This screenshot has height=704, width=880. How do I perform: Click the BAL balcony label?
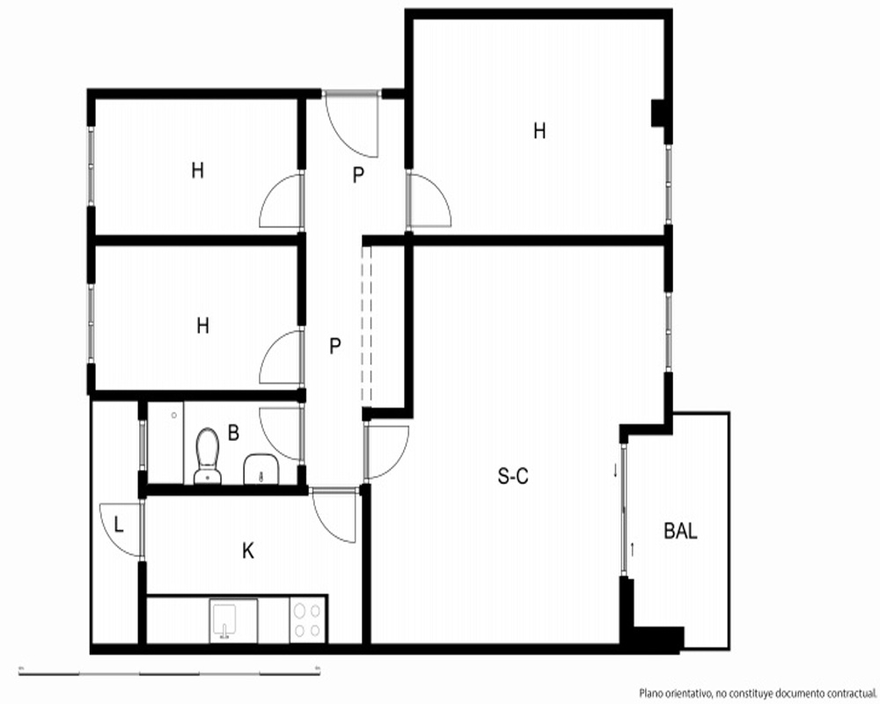(681, 531)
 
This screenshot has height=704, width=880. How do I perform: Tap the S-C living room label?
(513, 477)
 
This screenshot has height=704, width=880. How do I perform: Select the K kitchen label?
(248, 551)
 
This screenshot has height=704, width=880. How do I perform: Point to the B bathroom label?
(233, 433)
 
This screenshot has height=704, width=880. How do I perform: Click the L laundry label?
(119, 524)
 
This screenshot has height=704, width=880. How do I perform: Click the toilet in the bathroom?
(208, 456)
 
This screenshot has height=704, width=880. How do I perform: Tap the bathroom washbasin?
(261, 469)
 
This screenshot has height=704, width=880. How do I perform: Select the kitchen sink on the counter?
(234, 620)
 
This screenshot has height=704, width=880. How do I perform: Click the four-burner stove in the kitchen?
(308, 620)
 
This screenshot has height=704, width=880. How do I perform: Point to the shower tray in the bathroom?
(165, 443)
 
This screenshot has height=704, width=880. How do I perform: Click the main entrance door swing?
(352, 124)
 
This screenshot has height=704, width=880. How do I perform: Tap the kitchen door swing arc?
(334, 517)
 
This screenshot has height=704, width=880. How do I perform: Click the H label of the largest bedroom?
(539, 131)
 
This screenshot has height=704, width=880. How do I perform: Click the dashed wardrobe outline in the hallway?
(366, 326)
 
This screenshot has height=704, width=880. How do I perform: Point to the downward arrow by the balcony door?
(616, 471)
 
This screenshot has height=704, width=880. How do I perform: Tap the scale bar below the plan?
(169, 672)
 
